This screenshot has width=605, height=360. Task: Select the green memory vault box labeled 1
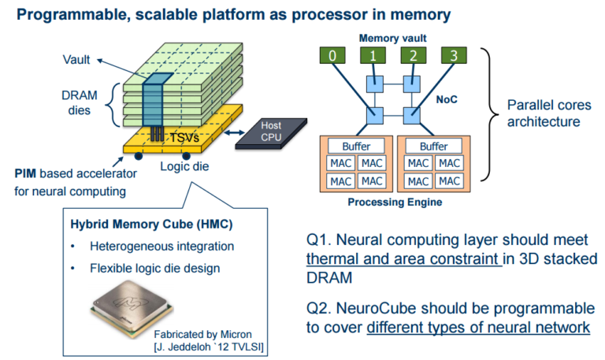(x=371, y=56)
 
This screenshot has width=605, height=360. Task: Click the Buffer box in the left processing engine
(x=356, y=147)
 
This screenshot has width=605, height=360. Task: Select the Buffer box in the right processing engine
(x=433, y=147)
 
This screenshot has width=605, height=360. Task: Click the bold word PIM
(x=28, y=173)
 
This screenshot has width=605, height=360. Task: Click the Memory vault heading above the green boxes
(x=392, y=37)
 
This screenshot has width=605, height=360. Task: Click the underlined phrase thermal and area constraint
(x=403, y=259)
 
